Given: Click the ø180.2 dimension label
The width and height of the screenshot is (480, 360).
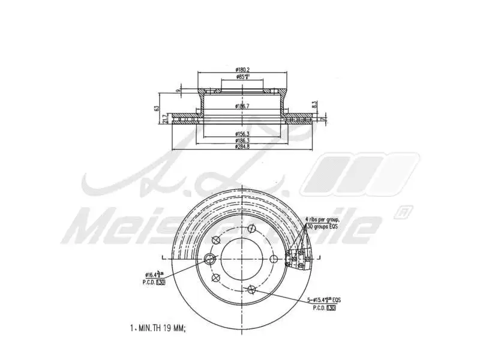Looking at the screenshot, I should pyautogui.click(x=242, y=70).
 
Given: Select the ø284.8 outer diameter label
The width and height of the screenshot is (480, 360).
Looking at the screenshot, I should pyautogui.click(x=242, y=146).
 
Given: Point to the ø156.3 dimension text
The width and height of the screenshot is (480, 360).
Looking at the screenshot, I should pyautogui.click(x=242, y=133).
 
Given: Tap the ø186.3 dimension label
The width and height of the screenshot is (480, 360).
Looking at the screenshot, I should pyautogui.click(x=242, y=140).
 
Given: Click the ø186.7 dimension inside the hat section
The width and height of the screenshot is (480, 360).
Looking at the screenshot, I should pyautogui.click(x=242, y=106).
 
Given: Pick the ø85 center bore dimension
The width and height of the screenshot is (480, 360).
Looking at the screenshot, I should pyautogui.click(x=242, y=77).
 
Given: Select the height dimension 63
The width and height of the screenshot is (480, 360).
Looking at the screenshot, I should pyautogui.click(x=156, y=109).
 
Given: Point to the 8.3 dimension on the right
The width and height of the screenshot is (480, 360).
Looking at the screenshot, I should pyautogui.click(x=314, y=104).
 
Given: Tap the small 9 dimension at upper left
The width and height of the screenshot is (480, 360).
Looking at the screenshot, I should pyautogui.click(x=178, y=91).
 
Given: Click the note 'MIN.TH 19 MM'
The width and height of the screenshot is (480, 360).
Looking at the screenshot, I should pyautogui.click(x=161, y=328).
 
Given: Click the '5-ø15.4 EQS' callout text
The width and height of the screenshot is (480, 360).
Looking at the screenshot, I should pyautogui.click(x=324, y=299).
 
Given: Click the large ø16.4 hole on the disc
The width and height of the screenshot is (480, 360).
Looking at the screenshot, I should pyautogui.click(x=210, y=259).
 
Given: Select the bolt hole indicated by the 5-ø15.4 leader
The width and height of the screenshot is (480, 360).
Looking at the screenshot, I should pyautogui.click(x=251, y=290).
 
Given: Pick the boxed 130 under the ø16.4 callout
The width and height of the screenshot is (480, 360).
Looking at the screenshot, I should pyautogui.click(x=160, y=281).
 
